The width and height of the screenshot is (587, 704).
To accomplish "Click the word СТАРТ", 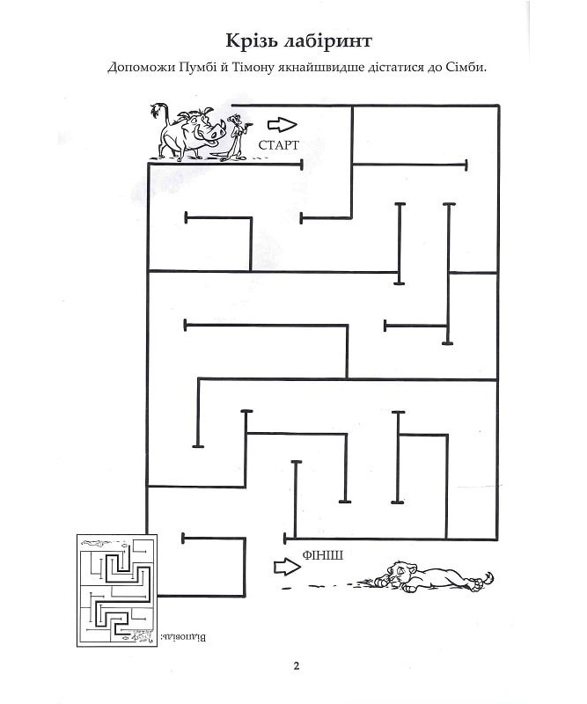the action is tap(278, 145).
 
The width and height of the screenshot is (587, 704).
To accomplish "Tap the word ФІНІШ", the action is tap(323, 555).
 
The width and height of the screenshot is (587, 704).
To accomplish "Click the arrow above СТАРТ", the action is tap(282, 125).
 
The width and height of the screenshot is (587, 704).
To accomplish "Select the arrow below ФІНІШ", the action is tap(287, 567).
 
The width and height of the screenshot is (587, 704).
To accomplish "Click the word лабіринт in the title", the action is tap(328, 40).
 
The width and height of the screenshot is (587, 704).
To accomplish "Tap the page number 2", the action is tap(296, 666).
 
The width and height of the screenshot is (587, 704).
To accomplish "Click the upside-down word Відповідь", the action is tap(183, 637).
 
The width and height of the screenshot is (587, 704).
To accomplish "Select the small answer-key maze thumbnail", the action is tap(117, 590).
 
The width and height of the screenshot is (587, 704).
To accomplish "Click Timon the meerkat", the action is tap(236, 137).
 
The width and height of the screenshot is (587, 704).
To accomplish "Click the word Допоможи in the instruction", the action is tap(141, 69).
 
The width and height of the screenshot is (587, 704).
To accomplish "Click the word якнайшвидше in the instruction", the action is tap(320, 69).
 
